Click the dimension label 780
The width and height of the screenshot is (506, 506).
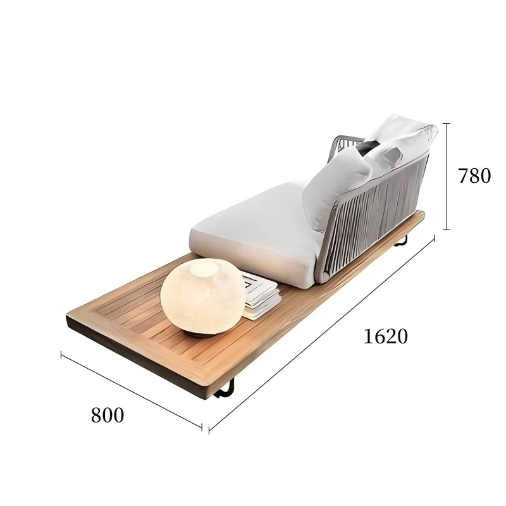(x=474, y=176)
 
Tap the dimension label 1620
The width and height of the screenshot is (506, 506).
(x=386, y=336)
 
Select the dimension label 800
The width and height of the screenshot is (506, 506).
(x=108, y=415)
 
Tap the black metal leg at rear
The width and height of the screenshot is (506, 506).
(x=402, y=242)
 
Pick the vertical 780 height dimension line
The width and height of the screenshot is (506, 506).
(x=447, y=176)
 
